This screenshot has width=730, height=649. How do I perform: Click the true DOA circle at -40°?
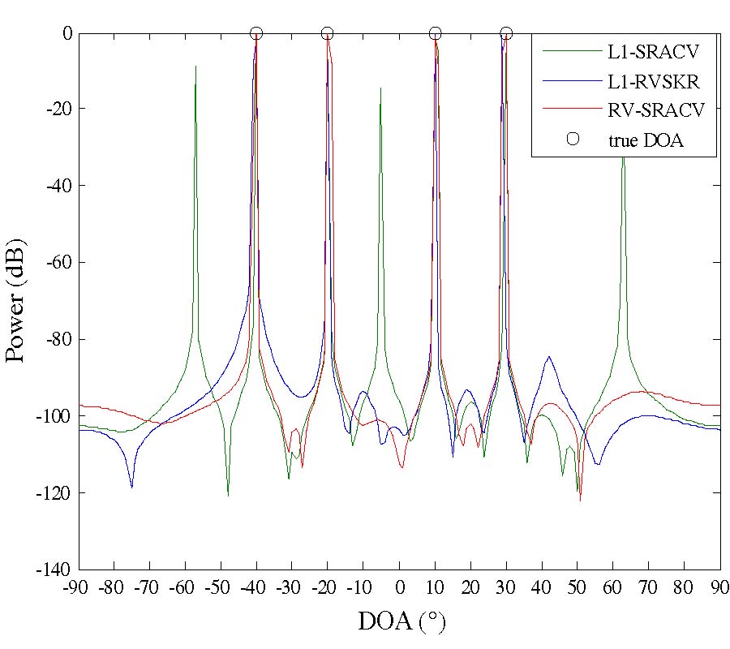(256, 33)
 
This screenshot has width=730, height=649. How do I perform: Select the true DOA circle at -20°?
(328, 33)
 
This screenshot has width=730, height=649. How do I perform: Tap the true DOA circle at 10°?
(435, 33)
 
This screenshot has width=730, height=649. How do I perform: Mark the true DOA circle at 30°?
(506, 33)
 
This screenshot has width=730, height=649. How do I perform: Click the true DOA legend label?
(646, 139)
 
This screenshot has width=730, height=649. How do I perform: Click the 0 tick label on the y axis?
(68, 33)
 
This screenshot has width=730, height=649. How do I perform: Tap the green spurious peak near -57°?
(195, 67)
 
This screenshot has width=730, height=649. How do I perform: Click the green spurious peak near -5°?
(380, 88)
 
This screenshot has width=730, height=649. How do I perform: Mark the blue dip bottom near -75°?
(131, 487)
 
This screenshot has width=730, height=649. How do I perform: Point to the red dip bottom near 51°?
(580, 500)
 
